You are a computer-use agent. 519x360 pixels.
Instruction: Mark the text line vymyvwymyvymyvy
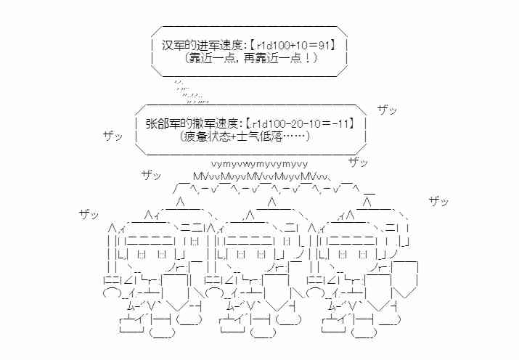click(260, 163)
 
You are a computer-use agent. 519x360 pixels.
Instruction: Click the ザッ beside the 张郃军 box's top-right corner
click(388, 110)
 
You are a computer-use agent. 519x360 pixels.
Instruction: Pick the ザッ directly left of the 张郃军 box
click(113, 136)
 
